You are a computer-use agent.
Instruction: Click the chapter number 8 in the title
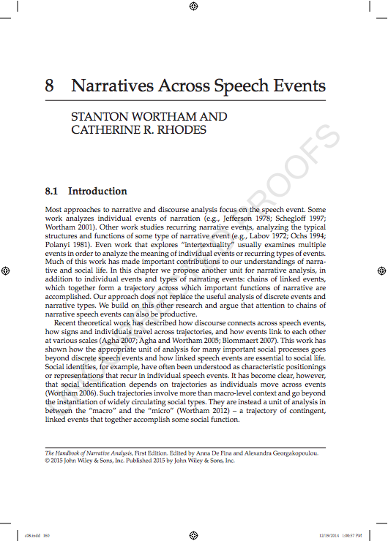(50, 85)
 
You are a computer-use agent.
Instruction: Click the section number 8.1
(52, 192)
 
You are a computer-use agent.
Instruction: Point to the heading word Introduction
(97, 192)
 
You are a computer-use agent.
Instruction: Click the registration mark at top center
(193, 7)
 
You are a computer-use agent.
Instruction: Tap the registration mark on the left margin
(6, 270)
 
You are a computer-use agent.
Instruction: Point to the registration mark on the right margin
(381, 270)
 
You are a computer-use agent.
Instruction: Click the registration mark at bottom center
(193, 534)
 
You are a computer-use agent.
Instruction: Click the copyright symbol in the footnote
(48, 461)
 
